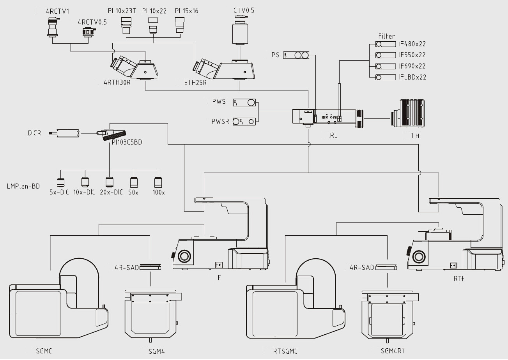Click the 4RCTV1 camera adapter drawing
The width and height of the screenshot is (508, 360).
coord(52,26)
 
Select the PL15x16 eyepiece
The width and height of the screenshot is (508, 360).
coord(180,25)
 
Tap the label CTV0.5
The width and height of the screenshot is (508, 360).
coord(244,11)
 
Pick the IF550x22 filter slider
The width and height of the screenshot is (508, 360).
coord(386,55)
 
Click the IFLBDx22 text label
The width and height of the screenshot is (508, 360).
coord(412,77)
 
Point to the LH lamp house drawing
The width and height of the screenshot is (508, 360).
coord(408,113)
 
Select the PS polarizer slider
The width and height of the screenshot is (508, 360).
coord(296,55)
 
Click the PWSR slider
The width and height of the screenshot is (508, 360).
coord(244,122)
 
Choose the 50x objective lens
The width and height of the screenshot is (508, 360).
coord(134,182)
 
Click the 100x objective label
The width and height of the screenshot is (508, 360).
coord(159,192)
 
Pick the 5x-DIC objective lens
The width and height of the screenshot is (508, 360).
coord(60,182)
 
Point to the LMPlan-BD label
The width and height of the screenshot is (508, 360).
coord(23,186)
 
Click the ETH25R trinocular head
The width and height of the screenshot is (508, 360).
coord(223,69)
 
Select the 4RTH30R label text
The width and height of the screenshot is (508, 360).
coord(117,82)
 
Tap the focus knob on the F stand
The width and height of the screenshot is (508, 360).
coord(184,256)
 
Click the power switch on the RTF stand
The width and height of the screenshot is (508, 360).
coord(453,265)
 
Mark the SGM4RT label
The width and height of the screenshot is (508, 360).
coord(393,351)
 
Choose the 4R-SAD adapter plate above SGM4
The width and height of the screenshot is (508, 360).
coord(150,267)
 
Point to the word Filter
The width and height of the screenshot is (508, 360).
coord(386,36)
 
